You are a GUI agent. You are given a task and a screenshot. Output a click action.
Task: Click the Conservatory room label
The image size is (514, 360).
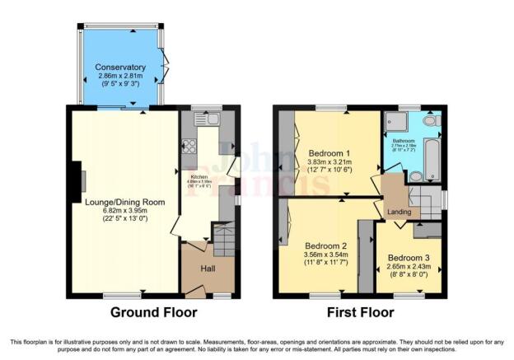tap(119, 67)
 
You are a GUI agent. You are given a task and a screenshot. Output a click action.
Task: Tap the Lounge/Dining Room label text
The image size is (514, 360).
tap(124, 201)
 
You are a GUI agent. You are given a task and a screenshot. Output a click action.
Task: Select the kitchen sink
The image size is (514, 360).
tap(207, 120)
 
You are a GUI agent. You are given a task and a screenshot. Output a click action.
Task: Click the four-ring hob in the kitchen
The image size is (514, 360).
tap(188, 147)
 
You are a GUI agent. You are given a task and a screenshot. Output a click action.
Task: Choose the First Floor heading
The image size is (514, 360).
tap(361, 313)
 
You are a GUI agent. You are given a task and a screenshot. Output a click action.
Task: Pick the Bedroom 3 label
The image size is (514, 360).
tap(409, 258)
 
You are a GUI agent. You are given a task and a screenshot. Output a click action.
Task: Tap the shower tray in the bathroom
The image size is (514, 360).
tap(397, 123)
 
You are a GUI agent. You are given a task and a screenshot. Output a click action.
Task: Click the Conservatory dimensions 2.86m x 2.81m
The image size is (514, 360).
tap(119, 75)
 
